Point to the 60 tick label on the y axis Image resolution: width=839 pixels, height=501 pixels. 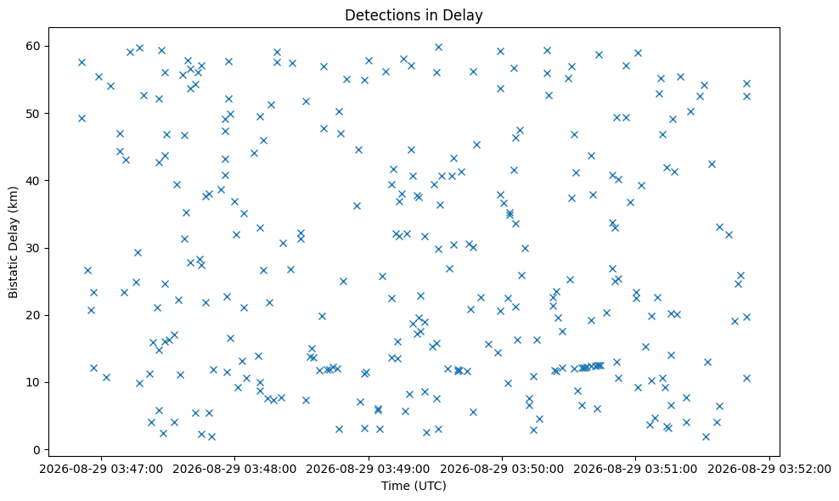pyautogui.click(x=34, y=46)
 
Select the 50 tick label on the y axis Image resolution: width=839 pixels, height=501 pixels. pyautogui.click(x=34, y=114)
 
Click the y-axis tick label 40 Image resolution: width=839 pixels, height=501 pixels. pyautogui.click(x=34, y=181)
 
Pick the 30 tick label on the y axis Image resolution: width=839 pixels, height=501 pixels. pyautogui.click(x=34, y=248)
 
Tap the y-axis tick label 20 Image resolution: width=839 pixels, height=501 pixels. pyautogui.click(x=34, y=315)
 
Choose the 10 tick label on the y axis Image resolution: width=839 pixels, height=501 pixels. pyautogui.click(x=34, y=383)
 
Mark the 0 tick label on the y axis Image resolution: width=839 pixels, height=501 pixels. pyautogui.click(x=37, y=450)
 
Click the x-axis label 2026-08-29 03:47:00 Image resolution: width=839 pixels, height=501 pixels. pyautogui.click(x=100, y=470)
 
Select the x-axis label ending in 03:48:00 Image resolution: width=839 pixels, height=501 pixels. pyautogui.click(x=234, y=470)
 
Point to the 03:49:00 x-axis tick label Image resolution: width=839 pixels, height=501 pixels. pyautogui.click(x=369, y=470)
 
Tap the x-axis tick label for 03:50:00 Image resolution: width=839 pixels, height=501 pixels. pyautogui.click(x=502, y=470)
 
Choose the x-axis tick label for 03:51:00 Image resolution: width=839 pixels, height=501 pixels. pyautogui.click(x=636, y=470)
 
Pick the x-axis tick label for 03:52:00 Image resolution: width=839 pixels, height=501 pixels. pyautogui.click(x=769, y=470)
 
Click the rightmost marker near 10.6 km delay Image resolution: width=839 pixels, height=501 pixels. pyautogui.click(x=747, y=379)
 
